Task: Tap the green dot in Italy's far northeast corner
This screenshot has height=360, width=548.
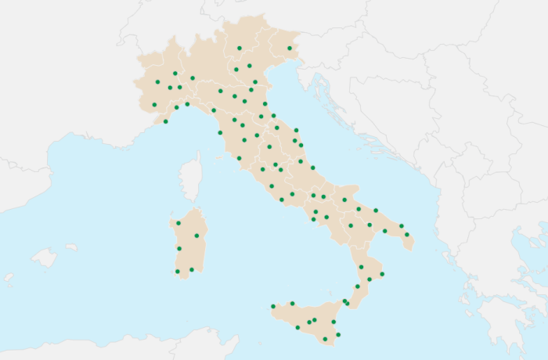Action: pos(290,49)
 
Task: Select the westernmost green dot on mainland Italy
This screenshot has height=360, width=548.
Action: pos(154,104)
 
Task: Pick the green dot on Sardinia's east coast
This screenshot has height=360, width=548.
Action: pos(196,236)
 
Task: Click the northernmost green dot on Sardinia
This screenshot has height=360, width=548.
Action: pos(178,223)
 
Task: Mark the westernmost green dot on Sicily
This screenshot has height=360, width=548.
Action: pos(272,306)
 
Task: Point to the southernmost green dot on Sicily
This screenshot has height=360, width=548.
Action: pos(325,339)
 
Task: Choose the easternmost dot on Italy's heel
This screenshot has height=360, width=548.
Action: pos(407,234)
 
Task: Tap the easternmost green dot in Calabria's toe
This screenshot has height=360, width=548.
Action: pos(382,274)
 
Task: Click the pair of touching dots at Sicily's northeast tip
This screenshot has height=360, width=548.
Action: pos(345,301)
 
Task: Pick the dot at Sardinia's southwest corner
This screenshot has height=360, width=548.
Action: pos(178,272)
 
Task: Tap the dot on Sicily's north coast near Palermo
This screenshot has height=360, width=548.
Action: pos(292,303)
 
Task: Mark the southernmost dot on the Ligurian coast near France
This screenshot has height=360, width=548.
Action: pos(165,121)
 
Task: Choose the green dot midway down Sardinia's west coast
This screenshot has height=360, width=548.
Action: pos(178,249)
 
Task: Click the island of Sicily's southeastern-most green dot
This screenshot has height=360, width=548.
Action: pos(338,334)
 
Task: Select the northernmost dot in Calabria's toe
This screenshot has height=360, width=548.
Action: pos(361,267)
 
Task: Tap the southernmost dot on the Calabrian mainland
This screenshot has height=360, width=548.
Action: pos(357,286)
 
